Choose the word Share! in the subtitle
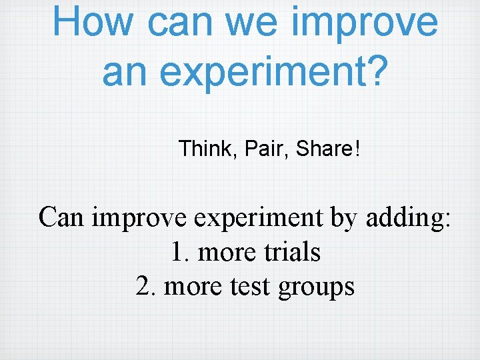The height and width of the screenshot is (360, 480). tap(327, 149)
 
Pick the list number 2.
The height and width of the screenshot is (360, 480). tap(145, 287)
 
